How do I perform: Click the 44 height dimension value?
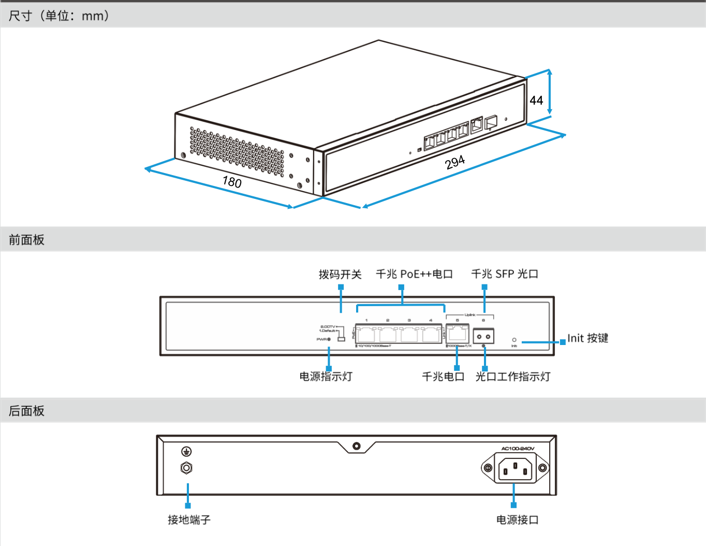coord(536,100)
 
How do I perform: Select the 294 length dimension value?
coord(455,163)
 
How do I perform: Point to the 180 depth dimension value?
coord(232,182)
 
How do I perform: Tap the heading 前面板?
coord(26,240)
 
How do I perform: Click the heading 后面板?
coord(26,411)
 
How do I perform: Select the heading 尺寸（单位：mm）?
coord(59,16)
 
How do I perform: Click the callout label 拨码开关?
coord(340,274)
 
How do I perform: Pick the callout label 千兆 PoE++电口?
coord(414,274)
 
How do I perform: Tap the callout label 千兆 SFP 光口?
coord(505,274)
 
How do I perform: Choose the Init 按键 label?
coord(588,338)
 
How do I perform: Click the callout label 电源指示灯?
coord(326,377)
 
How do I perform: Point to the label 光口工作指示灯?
coord(513,377)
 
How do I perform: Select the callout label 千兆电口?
coord(443,377)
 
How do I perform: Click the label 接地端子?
coord(189,520)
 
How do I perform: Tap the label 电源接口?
coord(518,520)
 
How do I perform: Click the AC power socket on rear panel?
coord(514,468)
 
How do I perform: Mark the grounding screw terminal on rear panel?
coord(186,468)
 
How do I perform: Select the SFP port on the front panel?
coord(483,336)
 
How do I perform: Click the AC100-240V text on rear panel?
coord(518,449)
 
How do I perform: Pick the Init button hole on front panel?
coord(514,340)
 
